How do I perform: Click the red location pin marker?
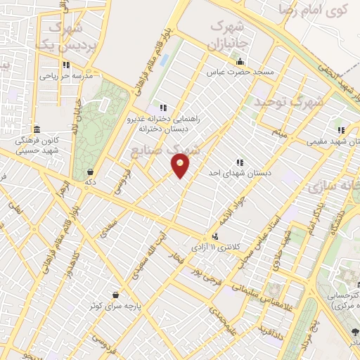click(x=181, y=165)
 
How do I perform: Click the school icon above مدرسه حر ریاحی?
click(x=64, y=62)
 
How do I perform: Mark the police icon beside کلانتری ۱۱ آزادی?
click(x=214, y=237)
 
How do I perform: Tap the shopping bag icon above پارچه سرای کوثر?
click(x=124, y=295)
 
